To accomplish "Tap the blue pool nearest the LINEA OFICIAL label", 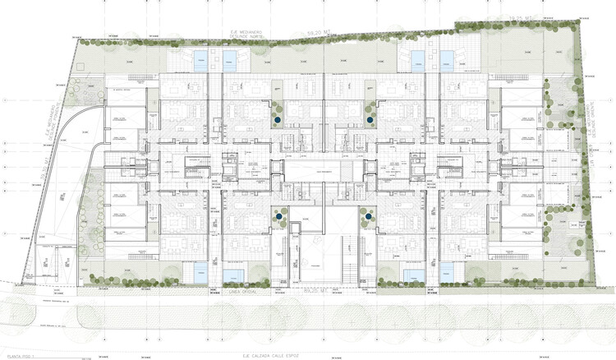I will pos(233,275).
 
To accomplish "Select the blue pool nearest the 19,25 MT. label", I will pos(447,59).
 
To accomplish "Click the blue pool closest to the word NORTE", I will pos(200,59).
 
